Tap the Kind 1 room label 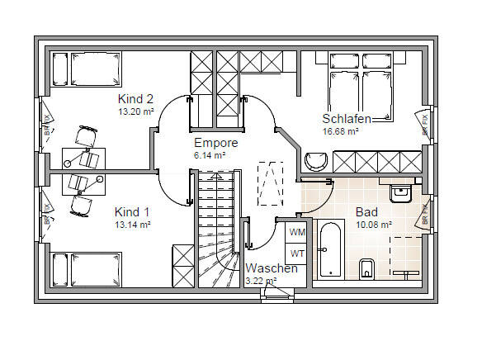pyautogui.click(x=133, y=211)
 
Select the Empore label pyautogui.click(x=215, y=143)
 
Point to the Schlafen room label pyautogui.click(x=346, y=119)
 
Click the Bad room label pyautogui.click(x=366, y=211)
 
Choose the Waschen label pyautogui.click(x=272, y=268)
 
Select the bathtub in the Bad pyautogui.click(x=330, y=249)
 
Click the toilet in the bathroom pyautogui.click(x=368, y=268)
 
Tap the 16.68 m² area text pyautogui.click(x=340, y=131)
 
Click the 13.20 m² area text pyautogui.click(x=136, y=111)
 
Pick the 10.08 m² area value pyautogui.click(x=373, y=224)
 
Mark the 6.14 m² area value pyautogui.click(x=209, y=155)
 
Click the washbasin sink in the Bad pyautogui.click(x=401, y=193)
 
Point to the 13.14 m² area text pyautogui.click(x=133, y=224)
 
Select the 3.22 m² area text pyautogui.click(x=262, y=281)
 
